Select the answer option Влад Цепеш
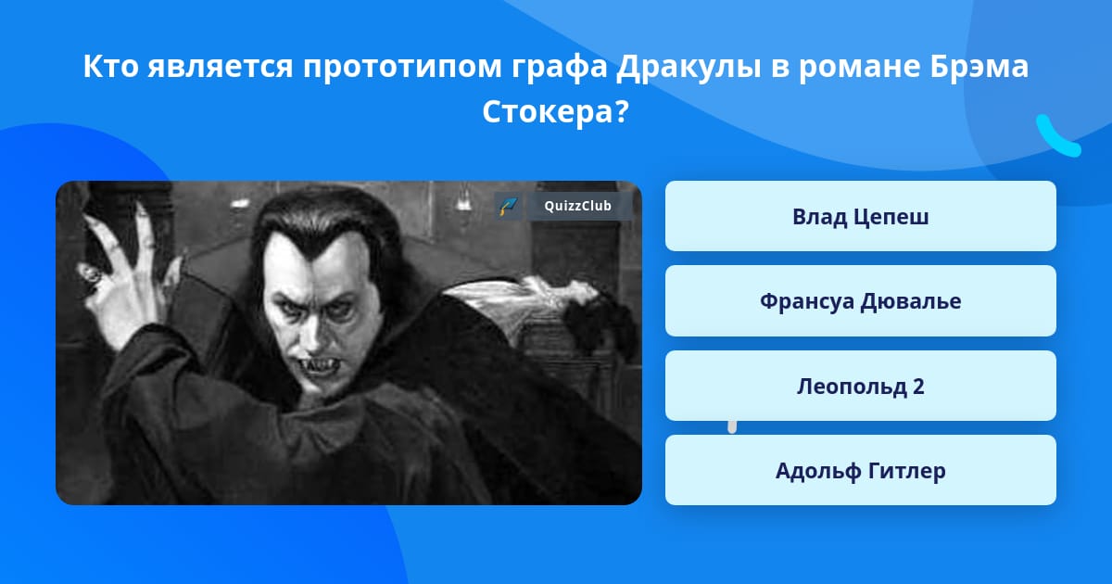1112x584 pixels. [x=860, y=216]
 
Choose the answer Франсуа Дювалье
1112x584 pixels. [x=860, y=301]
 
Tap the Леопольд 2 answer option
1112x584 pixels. [x=860, y=386]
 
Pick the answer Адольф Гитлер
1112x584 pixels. [x=860, y=470]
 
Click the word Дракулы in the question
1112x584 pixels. [x=689, y=67]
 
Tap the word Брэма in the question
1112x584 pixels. [x=979, y=67]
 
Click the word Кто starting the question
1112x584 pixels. [x=110, y=67]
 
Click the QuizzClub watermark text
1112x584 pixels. [x=578, y=206]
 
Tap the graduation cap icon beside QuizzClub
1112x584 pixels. [x=508, y=206]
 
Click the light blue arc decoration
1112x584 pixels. [x=1056, y=137]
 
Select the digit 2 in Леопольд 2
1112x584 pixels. [x=918, y=387]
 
